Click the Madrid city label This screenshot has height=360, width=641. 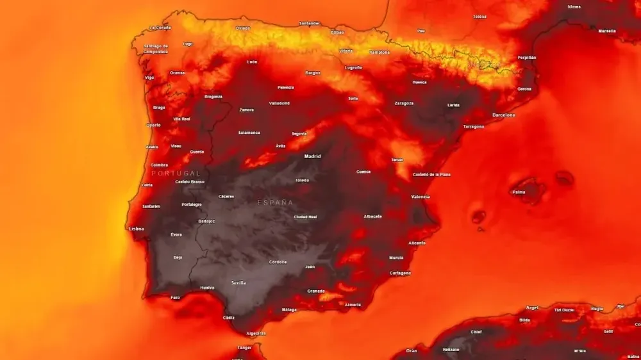pyautogui.click(x=312, y=156)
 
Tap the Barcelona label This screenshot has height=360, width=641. pyautogui.click(x=503, y=115)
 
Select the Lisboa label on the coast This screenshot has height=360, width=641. pyautogui.click(x=136, y=229)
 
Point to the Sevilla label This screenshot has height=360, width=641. pyautogui.click(x=238, y=282)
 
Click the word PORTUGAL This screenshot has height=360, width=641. pyautogui.click(x=176, y=174)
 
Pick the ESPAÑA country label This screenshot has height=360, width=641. pyautogui.click(x=275, y=202)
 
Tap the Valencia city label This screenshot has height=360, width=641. pyautogui.click(x=420, y=197)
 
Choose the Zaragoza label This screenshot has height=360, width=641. pyautogui.click(x=404, y=103)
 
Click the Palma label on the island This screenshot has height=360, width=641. pyautogui.click(x=519, y=192)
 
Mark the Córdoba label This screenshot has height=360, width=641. pyautogui.click(x=278, y=262)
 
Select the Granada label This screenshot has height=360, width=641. pyautogui.click(x=315, y=291)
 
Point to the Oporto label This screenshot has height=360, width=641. pyautogui.click(x=153, y=125)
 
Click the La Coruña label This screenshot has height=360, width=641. pyautogui.click(x=160, y=28)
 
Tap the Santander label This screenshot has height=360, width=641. pyautogui.click(x=309, y=24)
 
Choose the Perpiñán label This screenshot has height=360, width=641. pyautogui.click(x=527, y=58)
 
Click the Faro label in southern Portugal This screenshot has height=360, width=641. pyautogui.click(x=175, y=297)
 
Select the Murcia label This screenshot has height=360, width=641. pyautogui.click(x=396, y=258)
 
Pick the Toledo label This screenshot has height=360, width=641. pyautogui.click(x=302, y=181)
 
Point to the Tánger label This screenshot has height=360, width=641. pyautogui.click(x=245, y=348)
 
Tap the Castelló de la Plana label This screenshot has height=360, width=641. pyautogui.click(x=431, y=174)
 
